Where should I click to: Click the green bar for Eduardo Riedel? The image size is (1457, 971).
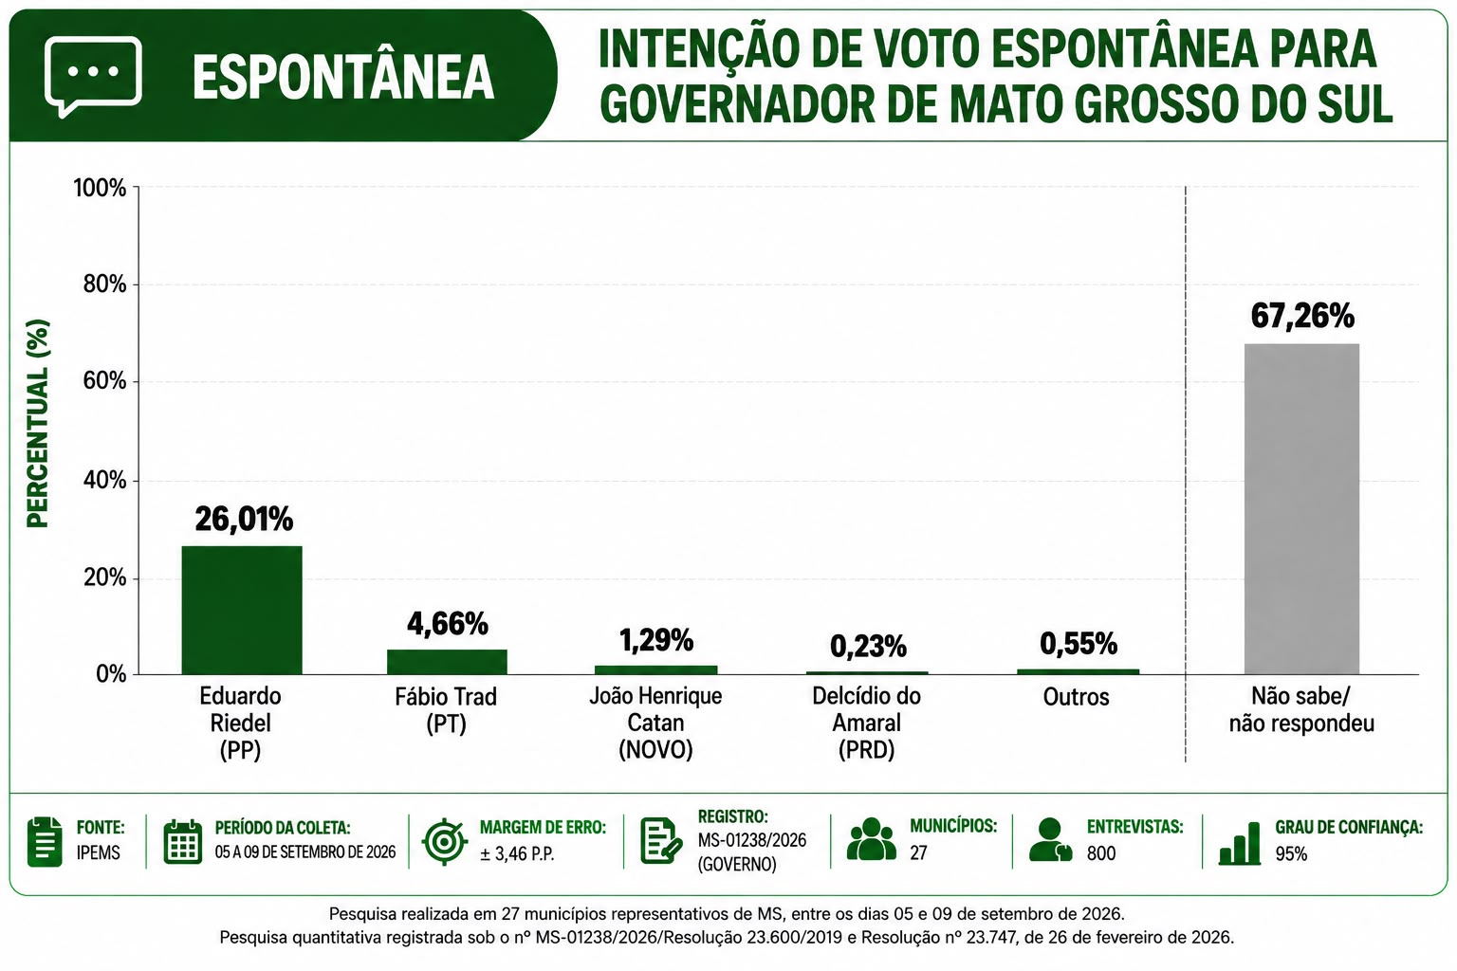pos(242,610)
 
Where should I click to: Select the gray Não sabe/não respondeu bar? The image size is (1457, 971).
pos(1301,508)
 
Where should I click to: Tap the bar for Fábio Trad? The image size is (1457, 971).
pos(447,662)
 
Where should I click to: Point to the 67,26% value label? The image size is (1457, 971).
pos(1302,316)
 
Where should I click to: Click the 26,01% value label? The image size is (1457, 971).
pos(244,519)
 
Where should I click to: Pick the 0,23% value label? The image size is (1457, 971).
pos(868,647)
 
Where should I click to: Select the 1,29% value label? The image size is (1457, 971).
pos(656,641)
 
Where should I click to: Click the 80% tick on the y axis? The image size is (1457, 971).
pos(104,284)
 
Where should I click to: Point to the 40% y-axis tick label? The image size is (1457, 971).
pos(104,481)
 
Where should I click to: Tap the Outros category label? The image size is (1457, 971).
pos(1076,697)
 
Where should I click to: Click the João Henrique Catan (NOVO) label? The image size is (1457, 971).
pos(655,723)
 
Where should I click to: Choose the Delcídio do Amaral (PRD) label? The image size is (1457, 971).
pos(866,723)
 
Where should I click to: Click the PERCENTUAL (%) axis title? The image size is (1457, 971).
pos(38,423)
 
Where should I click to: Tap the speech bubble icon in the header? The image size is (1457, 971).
pos(93,77)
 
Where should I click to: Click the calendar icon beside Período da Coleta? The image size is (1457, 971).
pos(183,842)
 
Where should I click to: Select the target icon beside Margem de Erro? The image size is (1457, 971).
pos(445,842)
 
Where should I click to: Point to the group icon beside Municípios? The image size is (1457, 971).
pos(871,839)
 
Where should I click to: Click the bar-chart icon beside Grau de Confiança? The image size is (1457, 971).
pos(1239,843)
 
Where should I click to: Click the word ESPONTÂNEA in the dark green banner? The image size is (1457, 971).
pos(343,77)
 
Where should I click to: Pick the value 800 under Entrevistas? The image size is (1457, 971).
pos(1101,853)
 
